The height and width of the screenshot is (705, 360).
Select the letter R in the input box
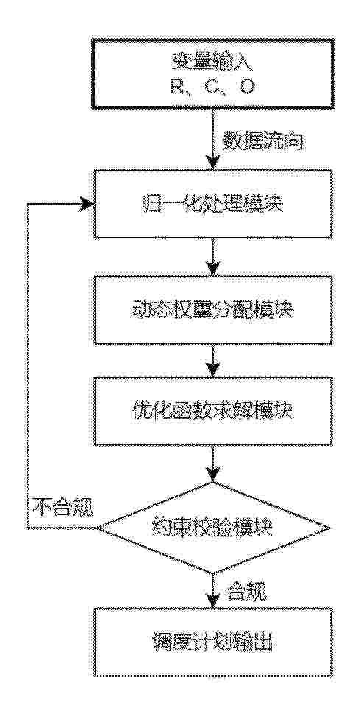(177, 88)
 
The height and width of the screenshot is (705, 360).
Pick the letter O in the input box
(247, 88)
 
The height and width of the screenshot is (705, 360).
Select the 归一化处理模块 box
(213, 204)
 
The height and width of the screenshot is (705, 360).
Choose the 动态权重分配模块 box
(213, 311)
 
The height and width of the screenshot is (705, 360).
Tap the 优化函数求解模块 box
(213, 411)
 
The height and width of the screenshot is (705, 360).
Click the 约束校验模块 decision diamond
(213, 528)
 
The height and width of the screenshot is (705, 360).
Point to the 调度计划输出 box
(213, 642)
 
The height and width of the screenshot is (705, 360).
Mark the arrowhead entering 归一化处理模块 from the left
(88, 204)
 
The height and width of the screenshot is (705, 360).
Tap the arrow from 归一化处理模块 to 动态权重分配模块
(213, 257)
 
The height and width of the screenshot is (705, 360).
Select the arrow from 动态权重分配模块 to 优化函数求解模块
(213, 361)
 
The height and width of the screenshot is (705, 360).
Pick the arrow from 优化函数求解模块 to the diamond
(213, 464)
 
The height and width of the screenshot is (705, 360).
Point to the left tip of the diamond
(97, 528)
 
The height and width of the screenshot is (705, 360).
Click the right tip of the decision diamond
(331, 528)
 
